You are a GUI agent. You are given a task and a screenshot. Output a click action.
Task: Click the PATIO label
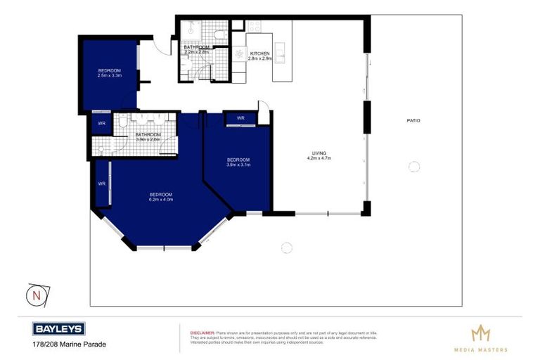click(413, 121)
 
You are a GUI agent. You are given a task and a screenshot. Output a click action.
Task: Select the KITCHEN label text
click(260, 53)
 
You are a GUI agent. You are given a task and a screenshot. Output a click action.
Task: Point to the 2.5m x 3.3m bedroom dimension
click(110, 76)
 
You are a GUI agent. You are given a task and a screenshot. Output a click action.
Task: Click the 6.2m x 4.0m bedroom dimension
click(160, 200)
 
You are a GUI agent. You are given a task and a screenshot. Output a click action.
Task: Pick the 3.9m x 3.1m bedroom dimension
click(238, 166)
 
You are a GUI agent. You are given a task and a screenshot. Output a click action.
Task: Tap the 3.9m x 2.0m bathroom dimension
click(148, 140)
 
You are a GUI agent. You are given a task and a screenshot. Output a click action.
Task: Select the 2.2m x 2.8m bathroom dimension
click(197, 53)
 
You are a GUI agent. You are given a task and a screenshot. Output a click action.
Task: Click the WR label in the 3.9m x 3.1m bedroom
click(240, 118)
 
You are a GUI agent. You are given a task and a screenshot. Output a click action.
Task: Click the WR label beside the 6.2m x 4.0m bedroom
click(101, 184)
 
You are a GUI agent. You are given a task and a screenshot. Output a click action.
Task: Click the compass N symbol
click(34, 294)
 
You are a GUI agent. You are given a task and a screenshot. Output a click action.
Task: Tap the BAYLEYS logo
click(59, 328)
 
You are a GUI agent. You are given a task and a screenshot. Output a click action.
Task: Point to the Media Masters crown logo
click(480, 333)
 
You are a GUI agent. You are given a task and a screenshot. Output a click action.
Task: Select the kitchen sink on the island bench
click(280, 53)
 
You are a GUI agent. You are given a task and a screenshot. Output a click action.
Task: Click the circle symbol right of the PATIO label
click(414, 167)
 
